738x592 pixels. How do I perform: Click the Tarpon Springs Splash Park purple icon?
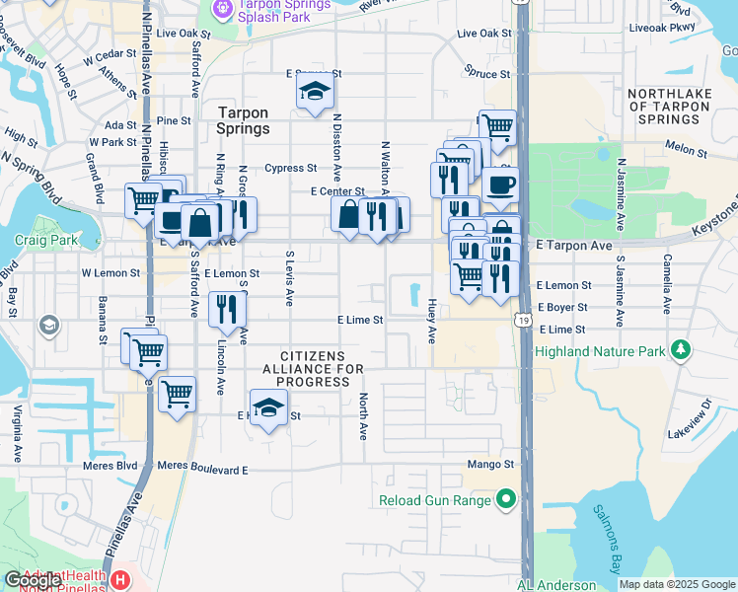(224, 9)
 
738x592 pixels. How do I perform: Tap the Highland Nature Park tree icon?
(680, 350)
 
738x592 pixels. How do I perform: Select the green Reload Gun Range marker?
(506, 500)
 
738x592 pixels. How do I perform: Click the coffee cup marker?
(500, 185)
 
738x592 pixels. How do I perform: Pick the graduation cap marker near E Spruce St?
(316, 93)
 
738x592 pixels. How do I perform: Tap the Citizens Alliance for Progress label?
(313, 368)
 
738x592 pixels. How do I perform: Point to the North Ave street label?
(363, 416)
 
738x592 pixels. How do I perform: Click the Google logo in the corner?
(34, 580)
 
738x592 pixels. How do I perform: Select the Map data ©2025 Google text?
(677, 584)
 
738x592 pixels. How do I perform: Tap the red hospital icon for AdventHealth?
(119, 579)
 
